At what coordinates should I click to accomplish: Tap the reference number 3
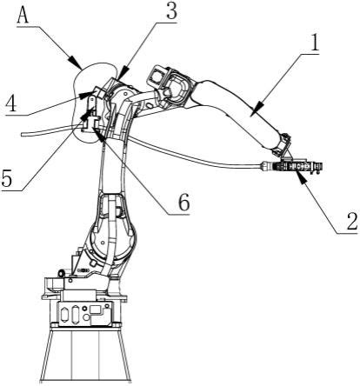point(171,10)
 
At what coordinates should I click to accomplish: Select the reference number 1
point(314,43)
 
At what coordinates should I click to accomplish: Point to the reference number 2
point(352,221)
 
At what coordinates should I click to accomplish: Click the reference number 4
point(10,103)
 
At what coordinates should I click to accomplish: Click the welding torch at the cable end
point(293,166)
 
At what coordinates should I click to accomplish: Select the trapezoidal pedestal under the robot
point(85,356)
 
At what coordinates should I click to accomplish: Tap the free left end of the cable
point(22,134)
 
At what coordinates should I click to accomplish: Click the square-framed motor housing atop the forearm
point(157,76)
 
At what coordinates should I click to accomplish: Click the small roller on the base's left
point(62,273)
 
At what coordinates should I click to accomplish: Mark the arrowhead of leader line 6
point(97,134)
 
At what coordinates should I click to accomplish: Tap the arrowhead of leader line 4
point(87,94)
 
